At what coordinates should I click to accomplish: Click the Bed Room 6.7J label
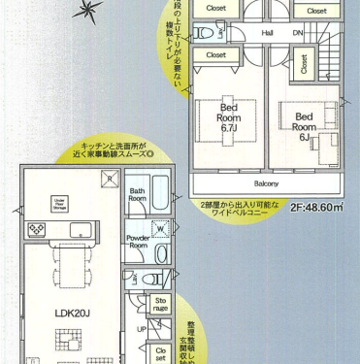point(228,117)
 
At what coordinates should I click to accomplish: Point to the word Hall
point(266,34)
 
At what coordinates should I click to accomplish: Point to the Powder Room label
point(137,241)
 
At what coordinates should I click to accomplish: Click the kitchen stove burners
point(36,229)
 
